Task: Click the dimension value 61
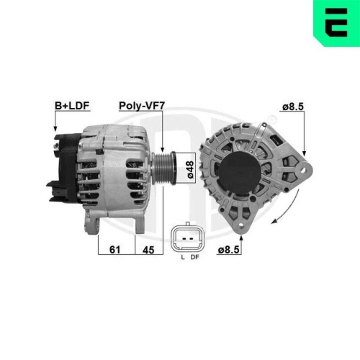(114, 249)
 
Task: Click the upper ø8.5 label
(292, 106)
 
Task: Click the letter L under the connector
(183, 257)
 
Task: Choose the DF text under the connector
(195, 257)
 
